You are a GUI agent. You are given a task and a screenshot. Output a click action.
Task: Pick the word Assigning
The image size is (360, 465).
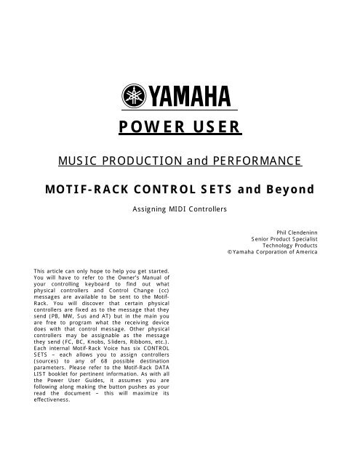coord(148,208)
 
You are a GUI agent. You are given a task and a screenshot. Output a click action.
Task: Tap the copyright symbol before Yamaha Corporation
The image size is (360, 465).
coord(229,253)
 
